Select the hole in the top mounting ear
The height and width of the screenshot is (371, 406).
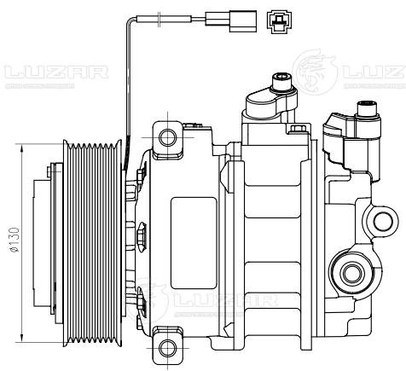[x=168, y=136]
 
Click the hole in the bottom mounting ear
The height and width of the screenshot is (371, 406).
[x=168, y=347]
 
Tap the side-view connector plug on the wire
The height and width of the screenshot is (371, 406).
[x=235, y=16]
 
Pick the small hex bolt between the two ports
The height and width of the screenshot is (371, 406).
[x=297, y=130]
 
